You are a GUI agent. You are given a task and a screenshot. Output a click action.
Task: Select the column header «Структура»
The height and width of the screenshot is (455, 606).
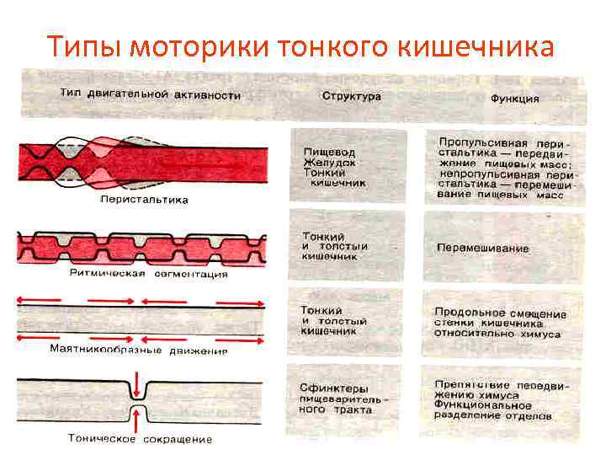tap(352, 96)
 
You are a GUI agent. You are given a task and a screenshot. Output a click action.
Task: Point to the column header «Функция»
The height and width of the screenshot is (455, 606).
tap(514, 98)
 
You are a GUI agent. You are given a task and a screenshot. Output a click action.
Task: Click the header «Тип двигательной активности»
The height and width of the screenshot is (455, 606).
tap(150, 95)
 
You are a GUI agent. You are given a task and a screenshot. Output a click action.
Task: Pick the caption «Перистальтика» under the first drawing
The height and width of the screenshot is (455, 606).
tap(144, 200)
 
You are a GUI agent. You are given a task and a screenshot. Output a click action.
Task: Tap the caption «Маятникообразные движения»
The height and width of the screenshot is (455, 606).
tap(139, 348)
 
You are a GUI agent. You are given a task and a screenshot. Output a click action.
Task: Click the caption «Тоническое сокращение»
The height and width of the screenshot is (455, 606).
tap(141, 438)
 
